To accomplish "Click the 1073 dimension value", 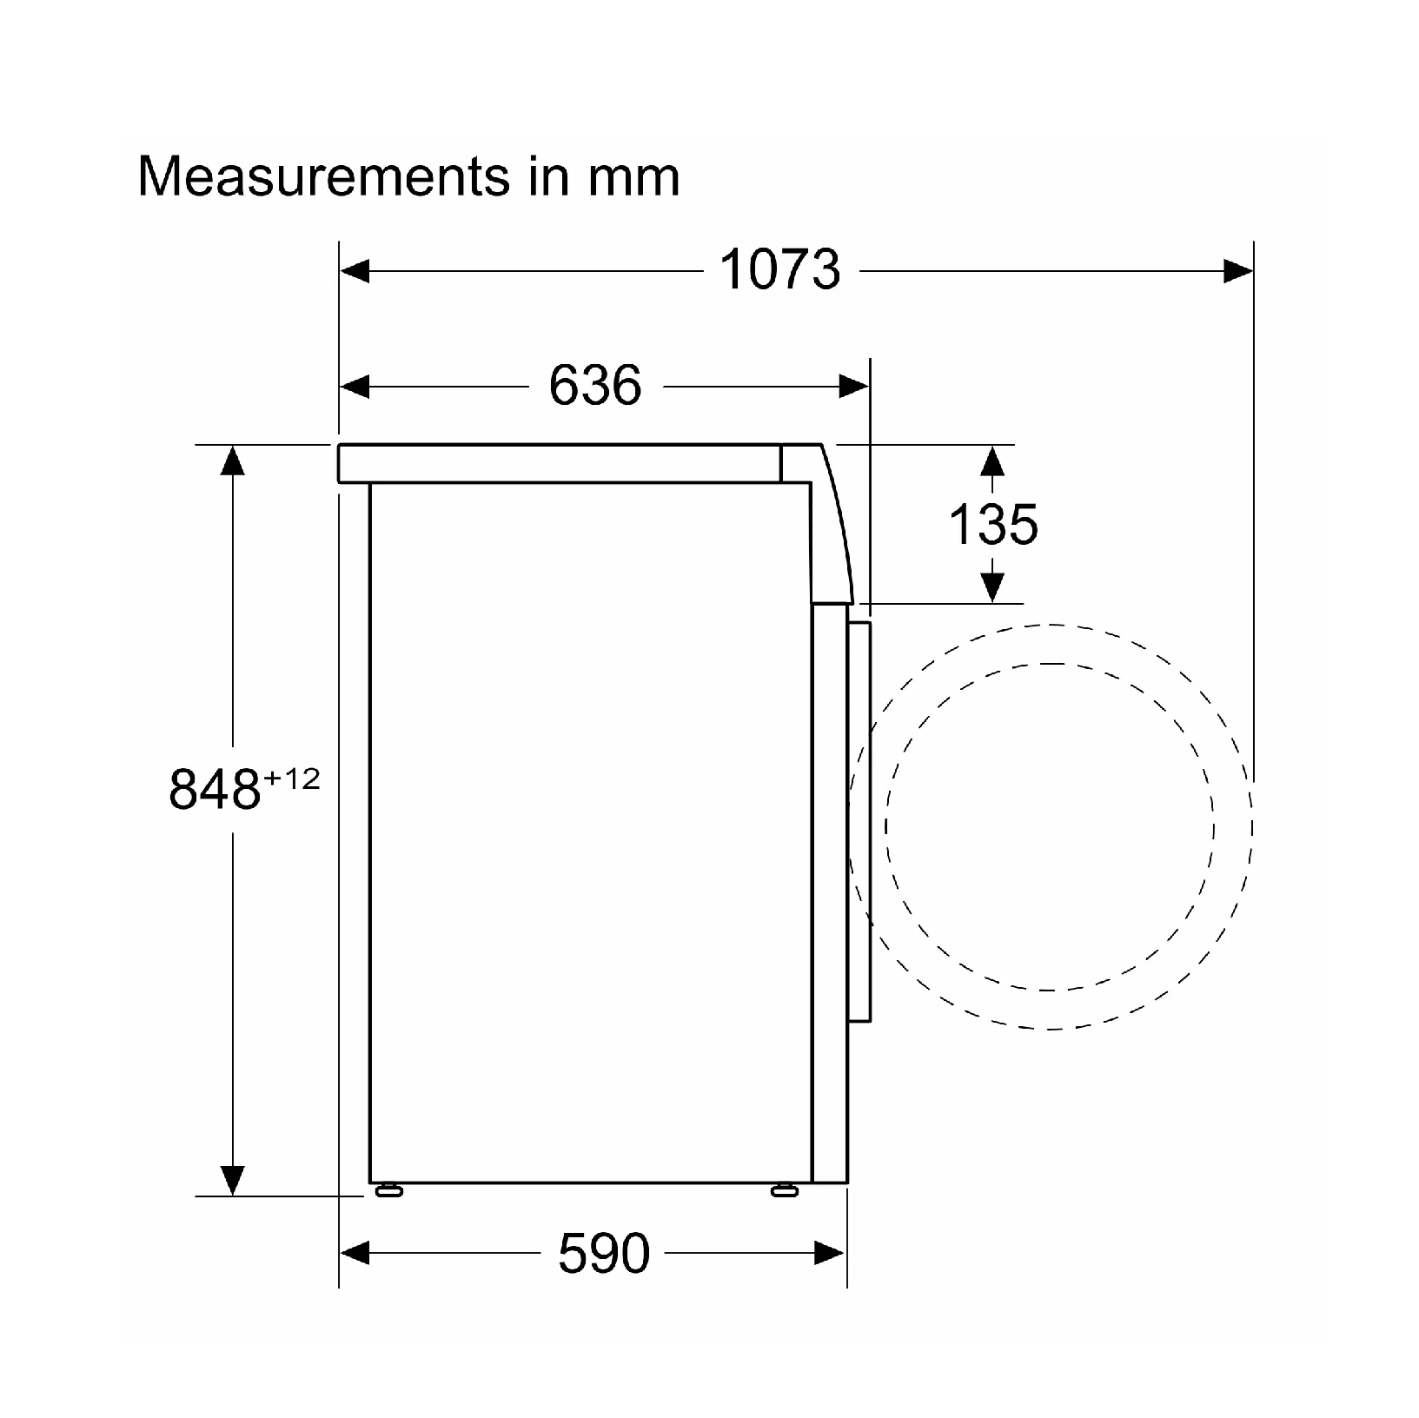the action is [780, 269].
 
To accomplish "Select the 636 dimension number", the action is [595, 385].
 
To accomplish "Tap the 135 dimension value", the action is [992, 525].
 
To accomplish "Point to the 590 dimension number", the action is [604, 1252].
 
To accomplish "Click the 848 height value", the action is [215, 789].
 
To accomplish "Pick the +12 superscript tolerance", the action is [291, 779].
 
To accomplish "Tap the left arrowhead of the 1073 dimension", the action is [355, 271].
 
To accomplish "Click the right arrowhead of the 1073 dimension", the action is [1238, 271].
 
